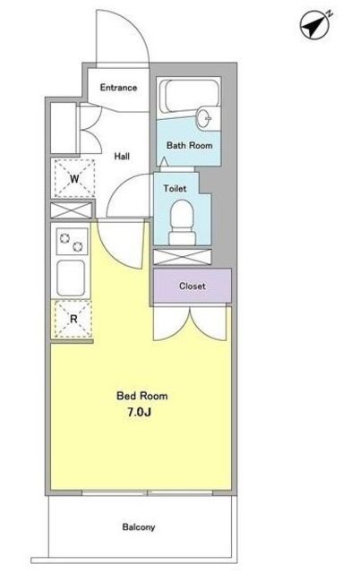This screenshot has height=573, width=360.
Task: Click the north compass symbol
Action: pyautogui.click(x=315, y=25)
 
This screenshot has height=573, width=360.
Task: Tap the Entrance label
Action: pyautogui.click(x=118, y=88)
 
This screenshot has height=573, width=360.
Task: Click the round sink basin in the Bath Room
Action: pyautogui.click(x=204, y=117)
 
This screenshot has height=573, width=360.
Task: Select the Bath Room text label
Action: pyautogui.click(x=189, y=145)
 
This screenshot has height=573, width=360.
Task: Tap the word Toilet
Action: pyautogui.click(x=175, y=189)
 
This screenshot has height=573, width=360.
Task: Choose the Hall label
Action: pyautogui.click(x=122, y=157)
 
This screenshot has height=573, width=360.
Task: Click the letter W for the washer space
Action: pyautogui.click(x=74, y=179)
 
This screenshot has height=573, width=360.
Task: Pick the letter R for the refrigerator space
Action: pyautogui.click(x=73, y=319)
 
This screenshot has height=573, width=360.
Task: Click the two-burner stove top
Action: pyautogui.click(x=72, y=242)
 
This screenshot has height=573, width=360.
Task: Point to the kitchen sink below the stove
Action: pyautogui.click(x=72, y=278)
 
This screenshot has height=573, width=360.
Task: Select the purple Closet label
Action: pyautogui.click(x=193, y=286)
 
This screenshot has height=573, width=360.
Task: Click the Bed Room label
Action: pyautogui.click(x=142, y=396)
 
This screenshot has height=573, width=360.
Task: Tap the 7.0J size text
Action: pyautogui.click(x=139, y=413)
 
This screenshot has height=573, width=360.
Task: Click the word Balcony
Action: pyautogui.click(x=139, y=527)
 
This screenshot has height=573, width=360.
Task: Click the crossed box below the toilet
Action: pyautogui.click(x=183, y=257)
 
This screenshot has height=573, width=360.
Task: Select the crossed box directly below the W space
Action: pyautogui.click(x=72, y=210)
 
